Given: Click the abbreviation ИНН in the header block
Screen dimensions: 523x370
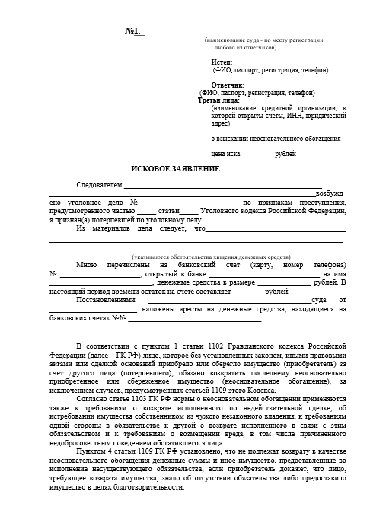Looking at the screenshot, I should point(291,116).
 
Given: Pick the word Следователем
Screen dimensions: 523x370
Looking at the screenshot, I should point(99,185).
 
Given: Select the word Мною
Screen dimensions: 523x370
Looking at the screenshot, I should point(87,264).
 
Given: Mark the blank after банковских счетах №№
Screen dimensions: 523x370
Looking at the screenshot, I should point(166,319).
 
